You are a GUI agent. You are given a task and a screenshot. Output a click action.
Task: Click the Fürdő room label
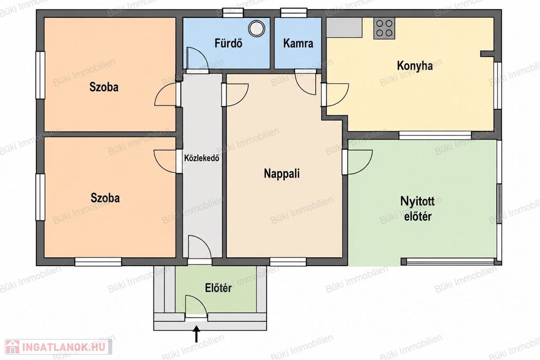228,43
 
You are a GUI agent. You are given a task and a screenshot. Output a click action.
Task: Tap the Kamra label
298,43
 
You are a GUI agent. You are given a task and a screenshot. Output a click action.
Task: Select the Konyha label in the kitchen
414,66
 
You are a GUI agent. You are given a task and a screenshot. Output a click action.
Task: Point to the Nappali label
282,173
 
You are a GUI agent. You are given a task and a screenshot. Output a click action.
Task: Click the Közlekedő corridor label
201,159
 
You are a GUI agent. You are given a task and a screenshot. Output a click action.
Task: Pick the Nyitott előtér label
417,209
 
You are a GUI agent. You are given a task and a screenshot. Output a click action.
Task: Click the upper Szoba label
104,87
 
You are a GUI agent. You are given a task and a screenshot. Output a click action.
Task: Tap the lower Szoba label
105,198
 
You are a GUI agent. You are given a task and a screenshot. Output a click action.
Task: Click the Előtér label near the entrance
218,288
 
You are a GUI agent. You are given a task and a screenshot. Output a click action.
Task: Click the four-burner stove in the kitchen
384,28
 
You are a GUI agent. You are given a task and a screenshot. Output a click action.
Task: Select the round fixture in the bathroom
257,28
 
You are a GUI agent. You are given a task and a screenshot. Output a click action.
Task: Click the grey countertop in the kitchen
344,27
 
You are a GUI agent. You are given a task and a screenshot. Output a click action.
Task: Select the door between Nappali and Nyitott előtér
358,162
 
